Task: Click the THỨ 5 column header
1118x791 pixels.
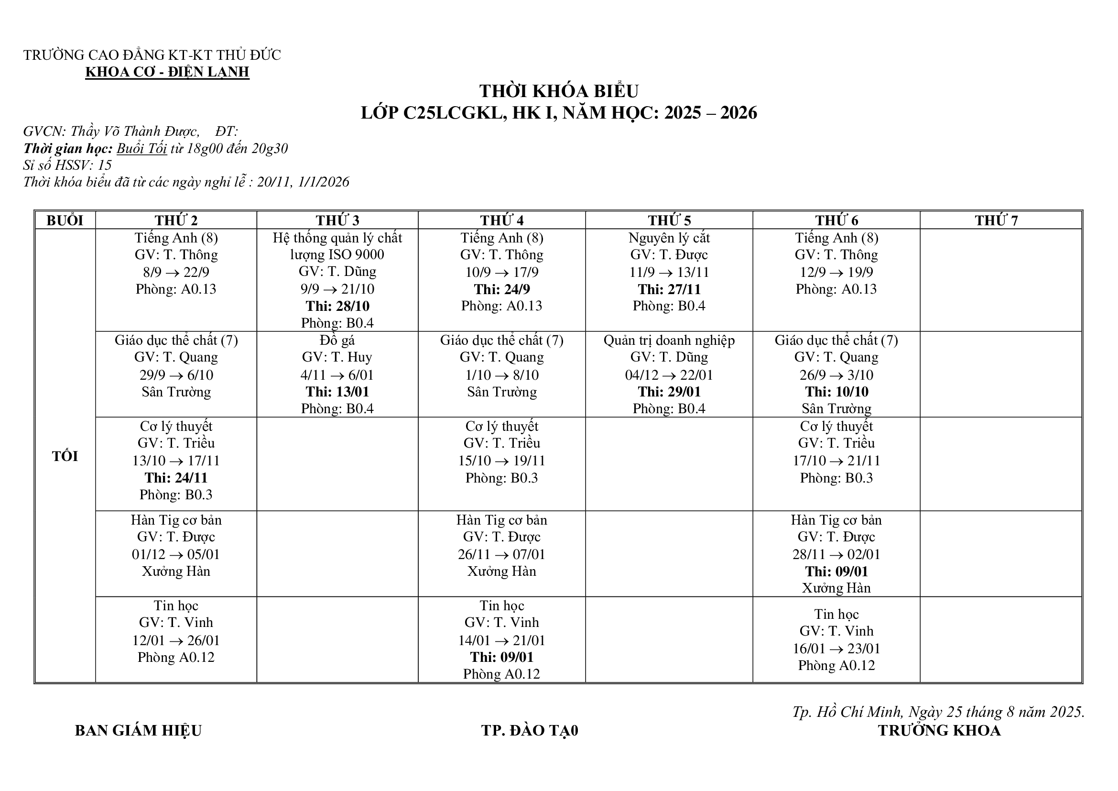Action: pyautogui.click(x=669, y=220)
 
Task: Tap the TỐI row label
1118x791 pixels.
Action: pyautogui.click(x=65, y=456)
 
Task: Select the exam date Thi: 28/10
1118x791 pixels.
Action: pyautogui.click(x=337, y=306)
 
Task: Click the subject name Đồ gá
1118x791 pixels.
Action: pyautogui.click(x=337, y=340)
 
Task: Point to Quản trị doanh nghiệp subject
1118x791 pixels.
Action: pyautogui.click(x=669, y=340)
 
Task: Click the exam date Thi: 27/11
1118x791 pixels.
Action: pyautogui.click(x=669, y=289)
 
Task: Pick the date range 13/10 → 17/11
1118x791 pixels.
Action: pyautogui.click(x=176, y=460)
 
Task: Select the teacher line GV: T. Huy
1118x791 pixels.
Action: pyautogui.click(x=337, y=357)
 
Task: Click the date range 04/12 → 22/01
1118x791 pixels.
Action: pyautogui.click(x=669, y=374)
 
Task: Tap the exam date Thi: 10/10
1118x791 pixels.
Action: pyautogui.click(x=836, y=392)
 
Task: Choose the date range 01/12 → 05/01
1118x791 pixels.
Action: pyautogui.click(x=176, y=554)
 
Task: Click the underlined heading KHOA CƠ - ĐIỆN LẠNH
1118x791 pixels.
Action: pyautogui.click(x=167, y=72)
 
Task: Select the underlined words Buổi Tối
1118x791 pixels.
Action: pyautogui.click(x=141, y=149)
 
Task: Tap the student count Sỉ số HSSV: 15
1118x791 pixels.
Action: pyautogui.click(x=68, y=165)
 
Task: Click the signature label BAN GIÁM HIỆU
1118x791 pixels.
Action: pyautogui.click(x=138, y=730)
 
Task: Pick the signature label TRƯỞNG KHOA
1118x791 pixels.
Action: pyautogui.click(x=939, y=730)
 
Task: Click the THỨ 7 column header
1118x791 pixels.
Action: pyautogui.click(x=996, y=220)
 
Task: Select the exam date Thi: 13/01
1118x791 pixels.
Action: pyautogui.click(x=337, y=392)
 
